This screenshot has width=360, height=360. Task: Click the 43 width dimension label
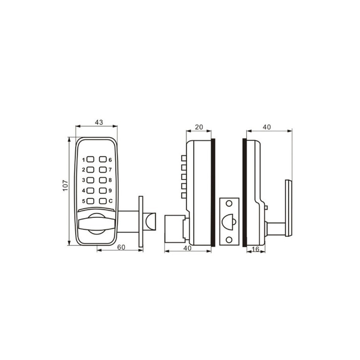click(99, 122)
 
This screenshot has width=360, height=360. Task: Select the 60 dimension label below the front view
click(121, 247)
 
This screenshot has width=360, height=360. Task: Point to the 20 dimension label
click(199, 127)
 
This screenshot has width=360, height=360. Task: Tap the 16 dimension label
click(255, 249)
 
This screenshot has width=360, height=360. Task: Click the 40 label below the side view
click(188, 248)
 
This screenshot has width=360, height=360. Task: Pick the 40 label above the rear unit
click(266, 127)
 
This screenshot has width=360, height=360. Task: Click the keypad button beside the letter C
click(103, 201)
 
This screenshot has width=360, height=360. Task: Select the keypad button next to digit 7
click(103, 170)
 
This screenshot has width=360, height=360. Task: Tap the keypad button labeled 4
click(91, 190)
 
